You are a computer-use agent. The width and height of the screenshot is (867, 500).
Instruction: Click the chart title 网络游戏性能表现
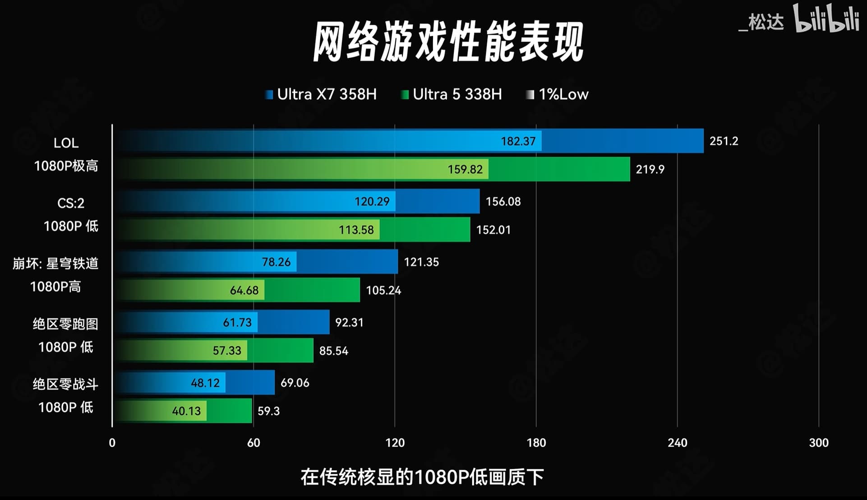point(448,42)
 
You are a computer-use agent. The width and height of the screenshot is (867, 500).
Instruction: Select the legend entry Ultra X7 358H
point(321,94)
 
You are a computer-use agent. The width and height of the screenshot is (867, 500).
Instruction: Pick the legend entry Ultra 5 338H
point(452,94)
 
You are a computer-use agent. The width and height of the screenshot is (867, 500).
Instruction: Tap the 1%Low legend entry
point(558,94)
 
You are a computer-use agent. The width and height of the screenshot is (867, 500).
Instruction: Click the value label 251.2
point(724,141)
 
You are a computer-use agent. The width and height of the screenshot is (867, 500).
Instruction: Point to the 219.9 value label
point(650,169)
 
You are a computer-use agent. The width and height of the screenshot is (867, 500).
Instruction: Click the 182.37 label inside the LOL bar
point(518,141)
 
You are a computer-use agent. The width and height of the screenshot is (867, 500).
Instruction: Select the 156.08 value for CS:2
point(503,201)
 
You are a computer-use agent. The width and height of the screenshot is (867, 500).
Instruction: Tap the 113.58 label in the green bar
point(356,230)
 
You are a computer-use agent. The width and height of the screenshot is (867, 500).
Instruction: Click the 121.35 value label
point(421,262)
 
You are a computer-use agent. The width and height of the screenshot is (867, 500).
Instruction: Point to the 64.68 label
point(244,290)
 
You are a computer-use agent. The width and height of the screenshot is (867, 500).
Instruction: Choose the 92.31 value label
point(349,322)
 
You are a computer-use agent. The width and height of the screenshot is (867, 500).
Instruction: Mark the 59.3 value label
point(268,411)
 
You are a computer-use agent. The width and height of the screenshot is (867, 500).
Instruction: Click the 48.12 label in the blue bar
point(205,383)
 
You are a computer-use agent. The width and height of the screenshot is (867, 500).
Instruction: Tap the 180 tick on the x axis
point(536,443)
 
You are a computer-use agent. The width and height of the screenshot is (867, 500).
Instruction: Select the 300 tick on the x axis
point(818,443)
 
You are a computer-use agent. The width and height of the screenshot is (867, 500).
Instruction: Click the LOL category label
point(66,143)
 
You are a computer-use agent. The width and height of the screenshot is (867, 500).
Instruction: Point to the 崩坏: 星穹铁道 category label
point(55,263)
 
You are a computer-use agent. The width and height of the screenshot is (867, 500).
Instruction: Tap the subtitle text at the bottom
point(422,477)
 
